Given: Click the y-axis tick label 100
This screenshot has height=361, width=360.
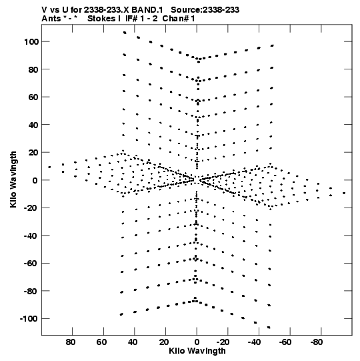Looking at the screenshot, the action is (x=31, y=42).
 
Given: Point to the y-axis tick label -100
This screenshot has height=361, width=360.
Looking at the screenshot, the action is (x=29, y=319).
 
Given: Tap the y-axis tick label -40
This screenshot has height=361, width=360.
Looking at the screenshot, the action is (x=31, y=236).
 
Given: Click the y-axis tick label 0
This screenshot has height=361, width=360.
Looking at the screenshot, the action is (x=35, y=180).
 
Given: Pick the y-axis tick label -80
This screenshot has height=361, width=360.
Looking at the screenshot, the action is (x=31, y=291).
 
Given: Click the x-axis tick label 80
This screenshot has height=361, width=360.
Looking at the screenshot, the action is (x=71, y=342).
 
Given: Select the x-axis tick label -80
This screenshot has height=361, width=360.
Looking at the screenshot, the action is (x=317, y=342).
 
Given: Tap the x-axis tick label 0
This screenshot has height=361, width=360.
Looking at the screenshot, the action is (x=197, y=342).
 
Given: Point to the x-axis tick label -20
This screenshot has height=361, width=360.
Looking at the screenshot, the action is (x=223, y=342).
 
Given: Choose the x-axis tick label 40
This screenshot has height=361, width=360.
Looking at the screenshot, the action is (x=133, y=342).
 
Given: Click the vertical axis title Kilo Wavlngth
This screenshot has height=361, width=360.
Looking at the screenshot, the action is (x=13, y=179).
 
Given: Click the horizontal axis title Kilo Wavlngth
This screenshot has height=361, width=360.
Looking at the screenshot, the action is (x=197, y=351).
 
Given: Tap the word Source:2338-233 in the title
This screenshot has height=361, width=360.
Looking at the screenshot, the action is (x=205, y=10).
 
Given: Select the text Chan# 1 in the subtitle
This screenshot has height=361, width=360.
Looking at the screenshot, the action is (x=179, y=19).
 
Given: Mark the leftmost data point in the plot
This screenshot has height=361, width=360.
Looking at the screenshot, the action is (x=49, y=167).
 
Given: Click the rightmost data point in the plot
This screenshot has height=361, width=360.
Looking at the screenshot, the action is (x=344, y=193).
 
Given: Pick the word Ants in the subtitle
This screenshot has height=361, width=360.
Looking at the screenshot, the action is (x=51, y=19).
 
